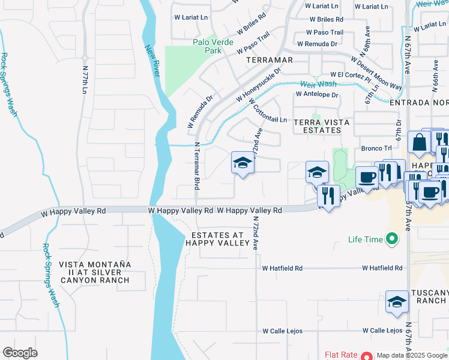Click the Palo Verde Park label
(207, 46)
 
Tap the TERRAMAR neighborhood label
(269, 60)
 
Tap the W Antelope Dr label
(317, 95)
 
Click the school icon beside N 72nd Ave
(242, 163)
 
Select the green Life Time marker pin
(392, 239)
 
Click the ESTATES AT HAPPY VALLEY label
(217, 239)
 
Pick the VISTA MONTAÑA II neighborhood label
(94, 272)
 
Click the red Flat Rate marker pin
(365, 355)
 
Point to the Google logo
(20, 352)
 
